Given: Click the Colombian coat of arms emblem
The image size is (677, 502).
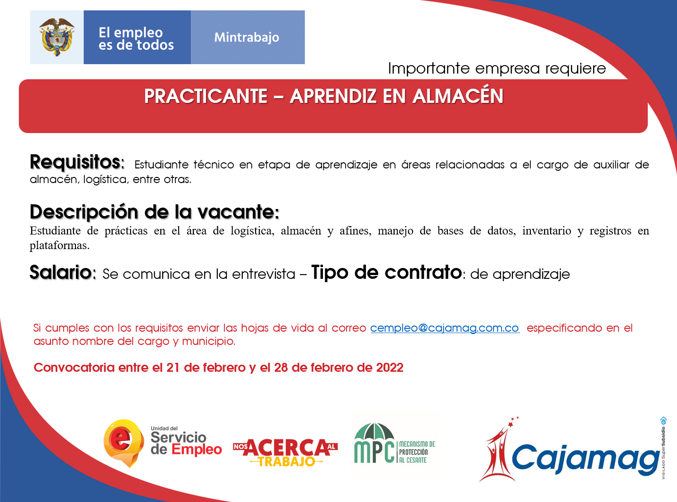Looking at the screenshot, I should (x=57, y=37).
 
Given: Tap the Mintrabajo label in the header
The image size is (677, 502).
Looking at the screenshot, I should (x=247, y=37).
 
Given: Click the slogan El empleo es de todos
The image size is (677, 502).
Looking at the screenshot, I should (x=136, y=39).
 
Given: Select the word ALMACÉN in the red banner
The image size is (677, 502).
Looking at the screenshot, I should (x=458, y=96).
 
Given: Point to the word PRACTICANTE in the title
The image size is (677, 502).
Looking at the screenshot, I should (x=206, y=96).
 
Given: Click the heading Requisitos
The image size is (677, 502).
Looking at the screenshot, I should (x=76, y=162).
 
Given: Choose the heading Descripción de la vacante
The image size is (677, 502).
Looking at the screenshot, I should (x=154, y=212).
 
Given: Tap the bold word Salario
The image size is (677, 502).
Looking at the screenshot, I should (x=62, y=272).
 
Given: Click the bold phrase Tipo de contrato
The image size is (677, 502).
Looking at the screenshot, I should (x=386, y=272).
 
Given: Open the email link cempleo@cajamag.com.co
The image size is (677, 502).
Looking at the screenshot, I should (x=445, y=328).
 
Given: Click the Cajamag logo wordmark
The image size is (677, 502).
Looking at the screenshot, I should (x=585, y=458).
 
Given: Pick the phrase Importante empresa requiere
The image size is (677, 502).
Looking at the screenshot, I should (x=497, y=68).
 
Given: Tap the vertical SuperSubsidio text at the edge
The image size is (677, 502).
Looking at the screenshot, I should (x=663, y=448).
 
